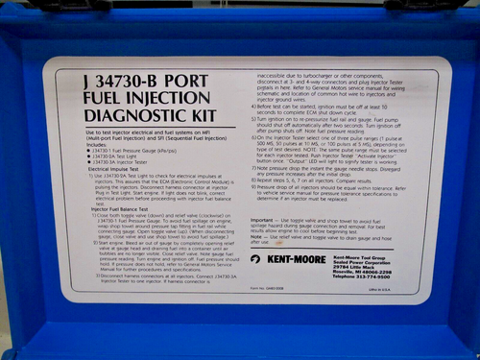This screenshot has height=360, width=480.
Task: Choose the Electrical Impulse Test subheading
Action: coord(114,170)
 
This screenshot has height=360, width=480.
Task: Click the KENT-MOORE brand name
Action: coord(292,259)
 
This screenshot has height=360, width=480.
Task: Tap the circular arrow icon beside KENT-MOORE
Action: coord(256,259)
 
